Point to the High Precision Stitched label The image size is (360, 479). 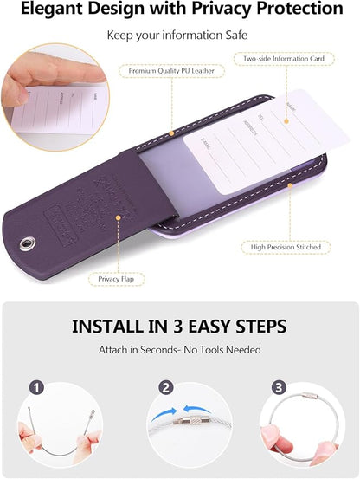[x=287, y=247]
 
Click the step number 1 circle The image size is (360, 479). [x=35, y=388]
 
